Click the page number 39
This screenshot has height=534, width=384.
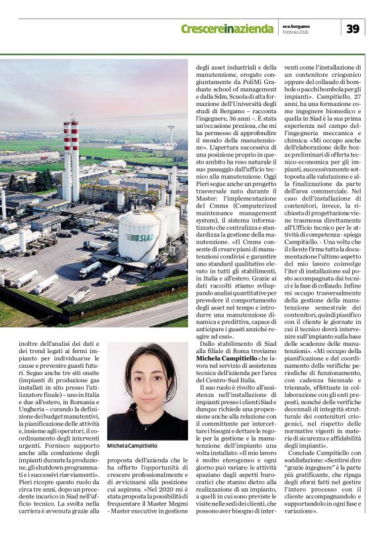(354, 28)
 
